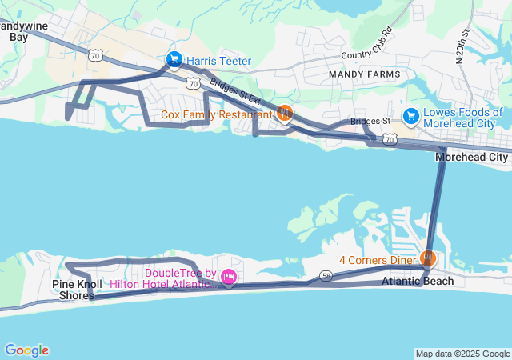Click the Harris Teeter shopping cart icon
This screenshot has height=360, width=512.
coord(174,60)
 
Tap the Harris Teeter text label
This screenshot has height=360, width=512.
coord(219,61)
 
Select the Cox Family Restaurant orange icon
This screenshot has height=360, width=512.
coord(284,114)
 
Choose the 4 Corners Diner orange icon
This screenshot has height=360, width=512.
coord(427,258)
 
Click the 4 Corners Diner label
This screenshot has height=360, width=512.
coord(378,260)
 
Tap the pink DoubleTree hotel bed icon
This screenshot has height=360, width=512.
coord(229,278)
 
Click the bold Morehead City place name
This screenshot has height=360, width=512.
coord(471,158)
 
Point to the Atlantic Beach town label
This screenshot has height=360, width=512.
coord(418,281)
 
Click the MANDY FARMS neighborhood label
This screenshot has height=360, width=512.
coord(358,74)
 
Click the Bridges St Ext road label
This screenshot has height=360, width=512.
coord(235,90)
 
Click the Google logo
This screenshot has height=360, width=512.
coord(26,350)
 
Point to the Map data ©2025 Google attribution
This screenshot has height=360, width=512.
coord(462,354)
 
